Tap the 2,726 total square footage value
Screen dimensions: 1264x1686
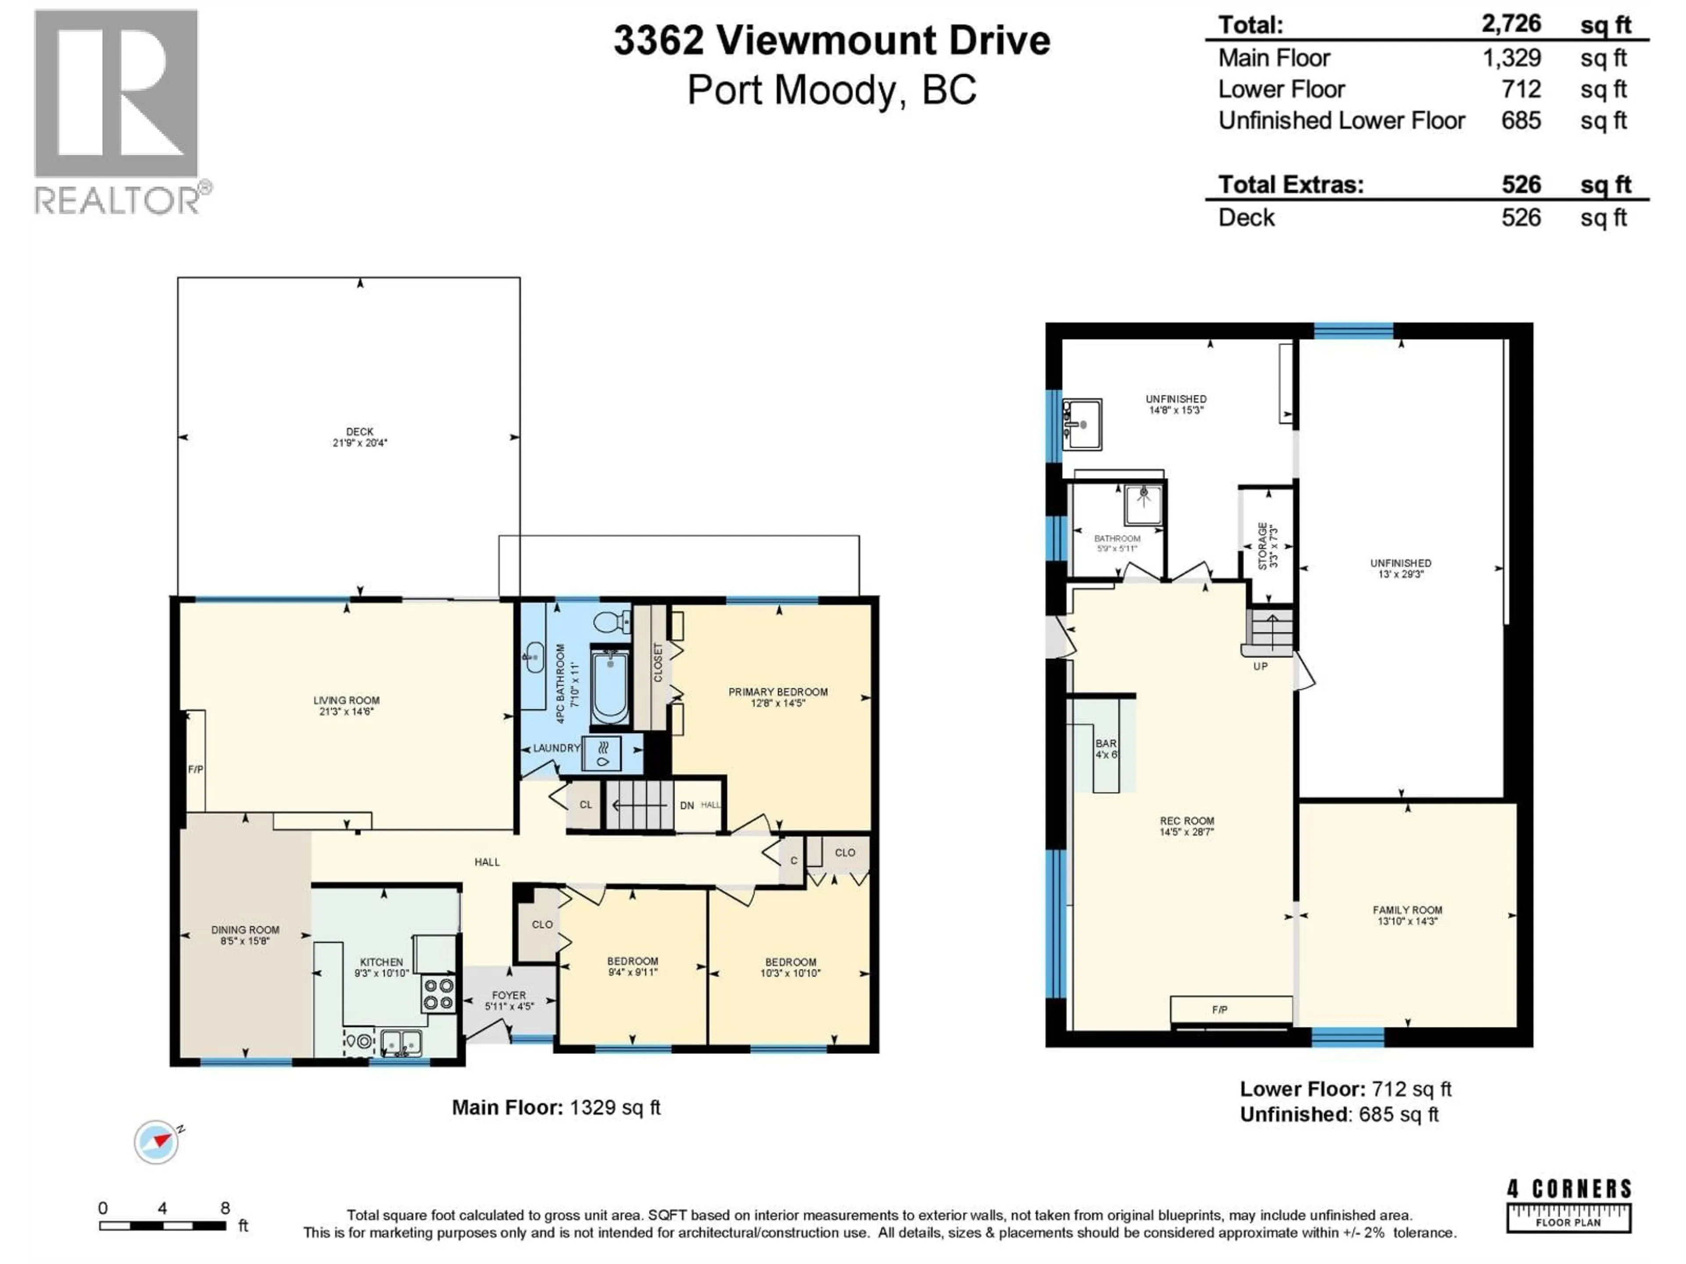click(x=1511, y=25)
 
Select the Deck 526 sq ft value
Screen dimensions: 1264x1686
click(x=1520, y=218)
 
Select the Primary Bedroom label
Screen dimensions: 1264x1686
click(x=778, y=692)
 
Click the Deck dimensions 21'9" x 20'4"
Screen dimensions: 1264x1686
click(x=360, y=443)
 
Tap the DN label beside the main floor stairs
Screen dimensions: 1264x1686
click(x=687, y=805)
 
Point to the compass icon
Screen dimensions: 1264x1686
click(x=157, y=1142)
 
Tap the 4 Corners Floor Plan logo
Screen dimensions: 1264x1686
click(x=1569, y=1205)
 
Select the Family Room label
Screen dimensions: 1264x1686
click(x=1407, y=910)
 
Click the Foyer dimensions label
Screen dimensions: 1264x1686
click(x=509, y=1006)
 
